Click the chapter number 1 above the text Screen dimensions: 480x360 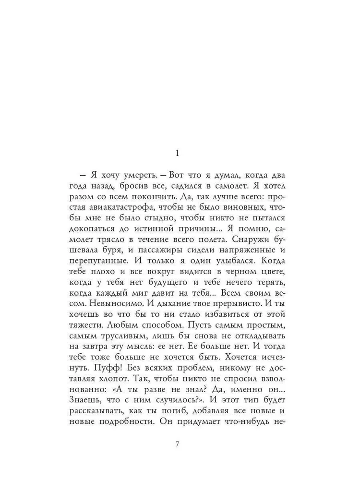pyautogui.click(x=177, y=154)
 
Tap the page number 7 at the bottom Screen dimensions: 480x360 pyautogui.click(x=177, y=444)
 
